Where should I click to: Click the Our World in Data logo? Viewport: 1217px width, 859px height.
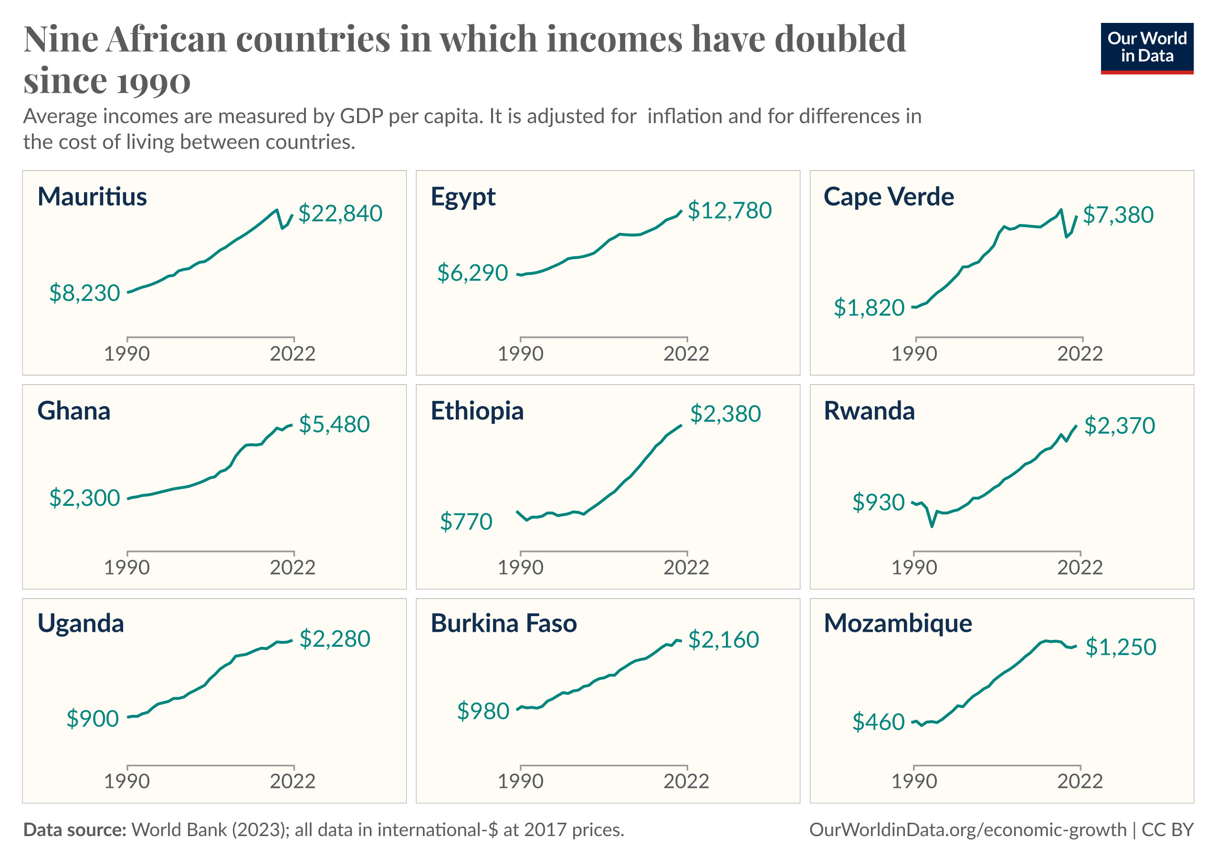pos(1146,48)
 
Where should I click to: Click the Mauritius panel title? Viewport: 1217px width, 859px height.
pos(92,197)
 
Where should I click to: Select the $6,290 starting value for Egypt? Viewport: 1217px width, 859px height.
pos(472,273)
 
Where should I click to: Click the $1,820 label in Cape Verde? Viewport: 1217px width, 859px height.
pos(869,308)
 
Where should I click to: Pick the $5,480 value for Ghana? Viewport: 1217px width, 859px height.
pos(334,424)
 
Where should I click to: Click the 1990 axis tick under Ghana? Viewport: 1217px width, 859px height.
pos(126,567)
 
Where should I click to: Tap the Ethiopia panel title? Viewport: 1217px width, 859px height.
pos(477,411)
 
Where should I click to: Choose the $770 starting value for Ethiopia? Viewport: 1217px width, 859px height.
pos(466,522)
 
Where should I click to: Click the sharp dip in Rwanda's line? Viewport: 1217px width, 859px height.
pos(932,526)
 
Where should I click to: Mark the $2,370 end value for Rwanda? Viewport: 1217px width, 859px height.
pos(1120,426)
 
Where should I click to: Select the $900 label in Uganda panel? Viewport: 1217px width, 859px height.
pos(92,719)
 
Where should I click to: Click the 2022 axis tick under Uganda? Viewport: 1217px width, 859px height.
pos(293,781)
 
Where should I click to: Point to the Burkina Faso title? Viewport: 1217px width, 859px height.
pos(504,624)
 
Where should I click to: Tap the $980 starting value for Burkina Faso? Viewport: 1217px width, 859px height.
pos(483,711)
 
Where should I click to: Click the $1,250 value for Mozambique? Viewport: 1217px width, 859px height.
pos(1121,647)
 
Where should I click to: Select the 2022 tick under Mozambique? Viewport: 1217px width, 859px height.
pos(1080,781)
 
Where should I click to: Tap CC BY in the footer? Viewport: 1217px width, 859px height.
pos(1167,830)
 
